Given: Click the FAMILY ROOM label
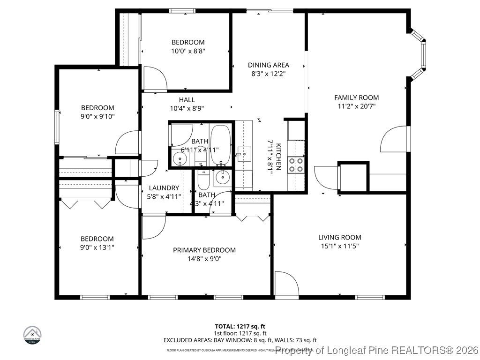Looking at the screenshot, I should click(x=356, y=97).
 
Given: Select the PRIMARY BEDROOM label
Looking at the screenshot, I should click(x=204, y=250).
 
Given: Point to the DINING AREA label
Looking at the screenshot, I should click(x=268, y=65).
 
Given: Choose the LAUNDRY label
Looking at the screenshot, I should click(x=164, y=187).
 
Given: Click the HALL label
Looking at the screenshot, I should click(x=187, y=100).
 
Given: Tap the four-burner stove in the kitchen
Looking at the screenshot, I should click(x=295, y=164).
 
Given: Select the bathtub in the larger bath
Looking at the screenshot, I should click(x=220, y=143).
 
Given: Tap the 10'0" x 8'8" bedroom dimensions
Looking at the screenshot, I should click(x=187, y=51).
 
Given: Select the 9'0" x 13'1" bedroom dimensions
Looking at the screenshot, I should click(x=97, y=247).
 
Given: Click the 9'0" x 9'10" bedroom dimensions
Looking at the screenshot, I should click(x=97, y=116).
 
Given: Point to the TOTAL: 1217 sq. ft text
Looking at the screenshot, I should click(x=240, y=326).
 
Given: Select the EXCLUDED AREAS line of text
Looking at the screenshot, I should click(x=240, y=340).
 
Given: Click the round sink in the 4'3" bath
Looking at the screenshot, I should click(x=221, y=177).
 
